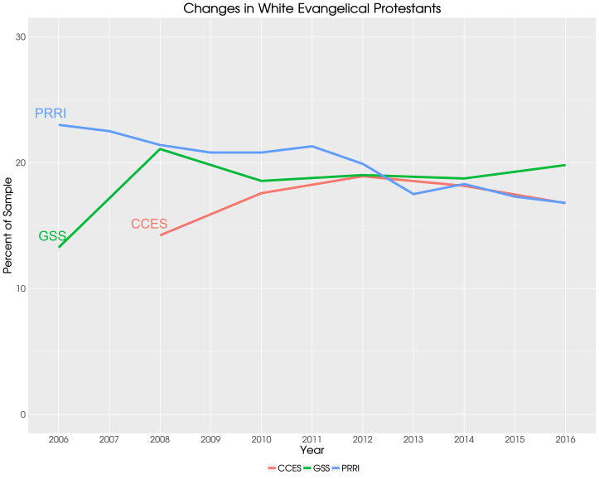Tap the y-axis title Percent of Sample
[x=8, y=225]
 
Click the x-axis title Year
[x=312, y=450]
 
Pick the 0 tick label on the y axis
[x=22, y=414]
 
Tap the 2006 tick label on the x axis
[x=59, y=438]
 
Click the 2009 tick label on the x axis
[x=210, y=438]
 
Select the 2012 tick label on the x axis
[x=363, y=438]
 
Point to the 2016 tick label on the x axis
[x=565, y=438]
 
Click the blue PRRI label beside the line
[x=51, y=113]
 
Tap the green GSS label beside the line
[x=52, y=236]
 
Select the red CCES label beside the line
[x=149, y=224]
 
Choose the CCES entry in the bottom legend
[x=286, y=468]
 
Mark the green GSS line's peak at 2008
[x=160, y=149]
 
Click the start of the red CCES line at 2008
[x=161, y=235]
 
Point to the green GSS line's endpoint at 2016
[x=565, y=165]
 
